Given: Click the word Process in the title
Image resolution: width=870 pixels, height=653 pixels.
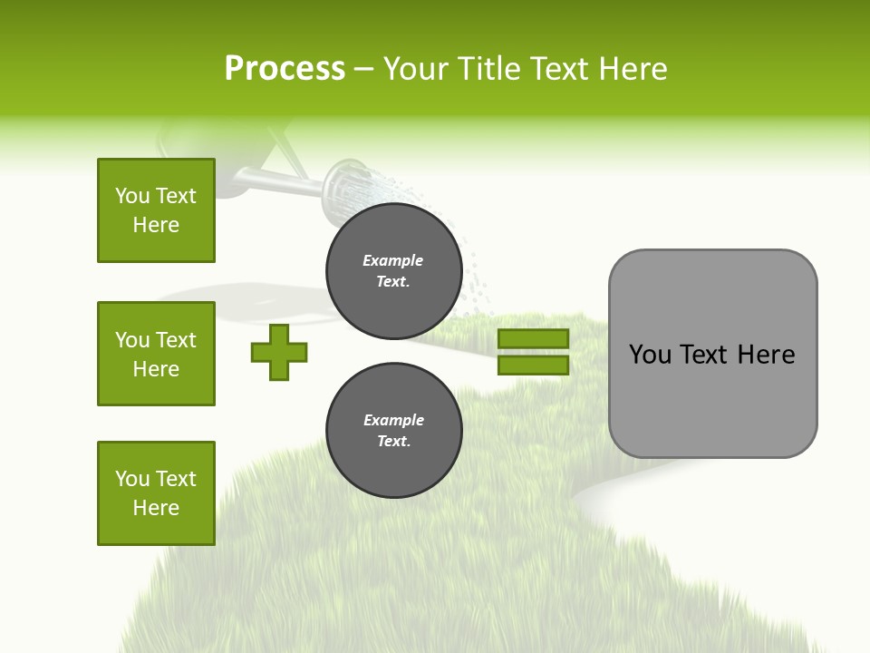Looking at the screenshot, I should pyautogui.click(x=285, y=69).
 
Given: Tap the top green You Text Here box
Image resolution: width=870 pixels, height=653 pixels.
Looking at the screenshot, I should pyautogui.click(x=156, y=210).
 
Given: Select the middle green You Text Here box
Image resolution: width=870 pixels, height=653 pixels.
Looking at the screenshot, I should pyautogui.click(x=156, y=354).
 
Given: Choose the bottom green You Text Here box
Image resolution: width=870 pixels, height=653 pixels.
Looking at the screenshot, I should pyautogui.click(x=156, y=493).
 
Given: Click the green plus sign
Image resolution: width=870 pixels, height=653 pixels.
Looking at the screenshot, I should pyautogui.click(x=279, y=352).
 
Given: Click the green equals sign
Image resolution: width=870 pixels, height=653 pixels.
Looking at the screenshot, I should pyautogui.click(x=533, y=352).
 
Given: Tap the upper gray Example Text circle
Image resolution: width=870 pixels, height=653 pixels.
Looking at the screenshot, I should pyautogui.click(x=393, y=271).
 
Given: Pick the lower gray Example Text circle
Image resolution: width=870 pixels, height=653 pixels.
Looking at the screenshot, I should pyautogui.click(x=393, y=431).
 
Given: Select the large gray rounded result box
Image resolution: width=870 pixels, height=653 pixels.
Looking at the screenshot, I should pyautogui.click(x=712, y=354).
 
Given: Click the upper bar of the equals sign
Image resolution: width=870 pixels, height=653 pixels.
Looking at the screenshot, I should pyautogui.click(x=533, y=338).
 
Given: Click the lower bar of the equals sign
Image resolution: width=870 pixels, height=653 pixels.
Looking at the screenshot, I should pyautogui.click(x=533, y=365).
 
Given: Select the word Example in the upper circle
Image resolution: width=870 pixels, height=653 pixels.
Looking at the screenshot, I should pyautogui.click(x=393, y=261).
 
